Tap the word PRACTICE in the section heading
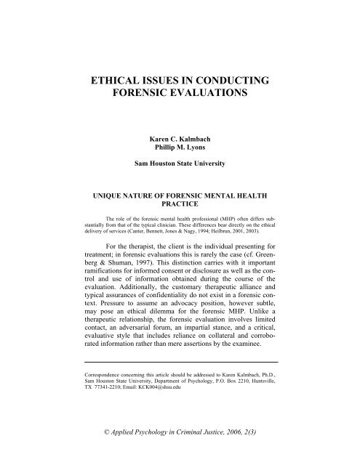pos(180,206)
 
